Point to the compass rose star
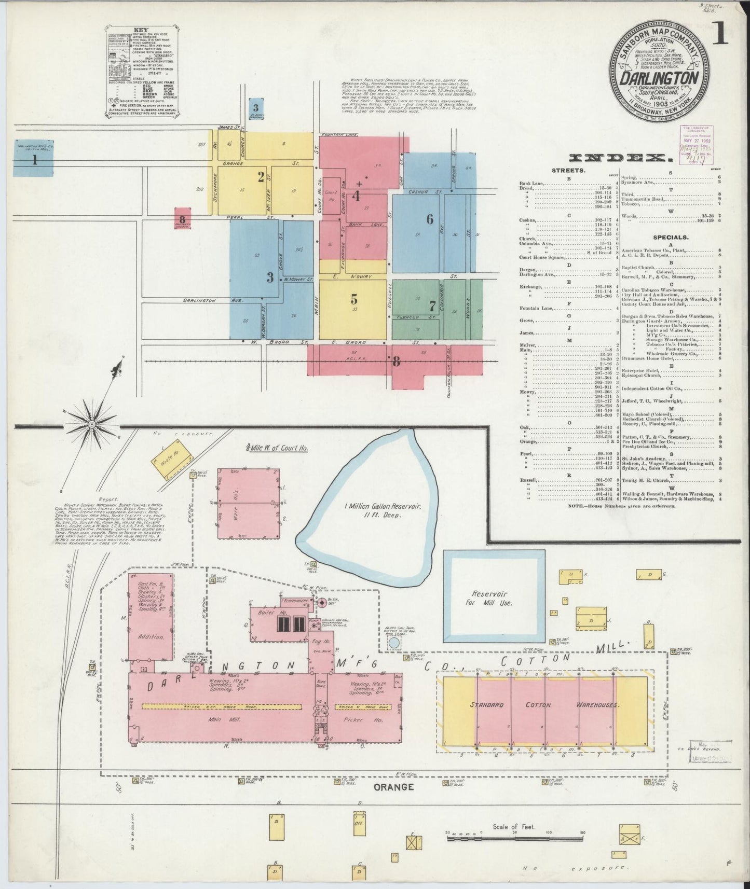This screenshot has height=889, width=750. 91,424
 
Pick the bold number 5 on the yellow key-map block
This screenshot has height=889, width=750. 354,299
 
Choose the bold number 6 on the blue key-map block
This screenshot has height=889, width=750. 430,219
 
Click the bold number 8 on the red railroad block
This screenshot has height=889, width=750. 397,362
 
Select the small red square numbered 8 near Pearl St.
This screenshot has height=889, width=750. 182,218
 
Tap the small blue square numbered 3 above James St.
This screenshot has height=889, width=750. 256,108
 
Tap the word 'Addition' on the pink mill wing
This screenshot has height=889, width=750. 151,636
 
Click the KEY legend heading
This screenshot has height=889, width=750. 142,30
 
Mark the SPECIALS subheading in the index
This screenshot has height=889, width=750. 671,237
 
